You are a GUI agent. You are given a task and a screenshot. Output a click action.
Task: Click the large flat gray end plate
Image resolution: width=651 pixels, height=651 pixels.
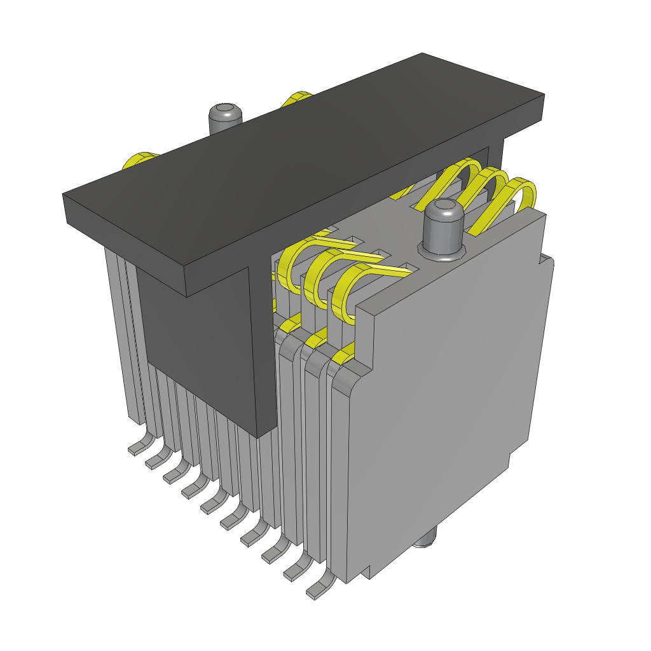(x=445, y=394)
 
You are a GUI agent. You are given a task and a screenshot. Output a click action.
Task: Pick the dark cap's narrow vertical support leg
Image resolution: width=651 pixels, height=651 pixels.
(x=263, y=356)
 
